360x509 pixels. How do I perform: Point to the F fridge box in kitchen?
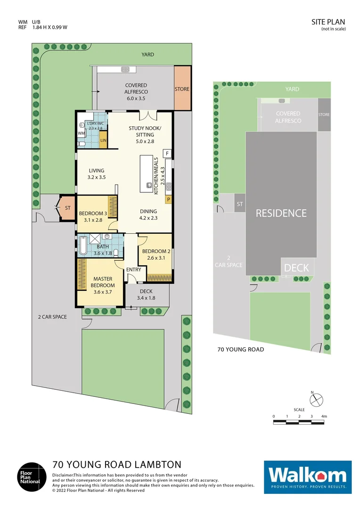click(166, 154)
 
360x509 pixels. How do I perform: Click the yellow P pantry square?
click(167, 199)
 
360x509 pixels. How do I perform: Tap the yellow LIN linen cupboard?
click(103, 140)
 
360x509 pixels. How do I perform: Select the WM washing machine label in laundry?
click(81, 133)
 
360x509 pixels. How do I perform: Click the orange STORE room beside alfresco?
click(182, 89)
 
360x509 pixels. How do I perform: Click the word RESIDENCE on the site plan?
click(281, 213)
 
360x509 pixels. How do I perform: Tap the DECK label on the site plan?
click(296, 268)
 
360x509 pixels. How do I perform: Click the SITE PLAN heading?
click(328, 22)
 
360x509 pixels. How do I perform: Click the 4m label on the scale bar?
click(324, 416)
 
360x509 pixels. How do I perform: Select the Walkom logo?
click(308, 476)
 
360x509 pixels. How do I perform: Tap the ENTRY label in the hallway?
click(134, 269)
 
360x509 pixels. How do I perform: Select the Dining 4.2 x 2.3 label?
click(148, 215)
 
